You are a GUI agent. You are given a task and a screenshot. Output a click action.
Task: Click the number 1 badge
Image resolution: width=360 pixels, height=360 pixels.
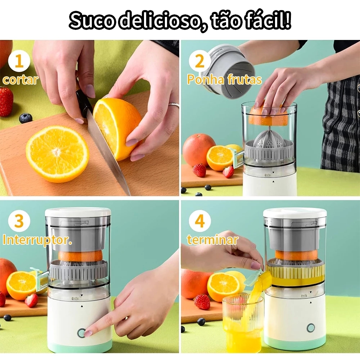tap(19, 62)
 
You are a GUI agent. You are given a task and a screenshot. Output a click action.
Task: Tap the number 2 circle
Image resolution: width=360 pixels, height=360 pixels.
tap(199, 62)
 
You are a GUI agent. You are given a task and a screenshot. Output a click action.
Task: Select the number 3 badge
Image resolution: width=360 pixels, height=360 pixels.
tap(19, 221)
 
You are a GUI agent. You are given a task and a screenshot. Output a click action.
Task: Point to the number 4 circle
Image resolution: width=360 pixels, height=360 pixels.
tap(199, 221)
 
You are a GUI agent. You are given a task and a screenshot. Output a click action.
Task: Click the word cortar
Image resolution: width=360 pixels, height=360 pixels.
tap(20, 80)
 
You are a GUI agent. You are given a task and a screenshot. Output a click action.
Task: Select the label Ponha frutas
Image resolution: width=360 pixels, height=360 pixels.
tap(224, 80)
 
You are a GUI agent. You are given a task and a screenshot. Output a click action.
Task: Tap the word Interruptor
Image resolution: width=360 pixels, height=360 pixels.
tap(37, 240)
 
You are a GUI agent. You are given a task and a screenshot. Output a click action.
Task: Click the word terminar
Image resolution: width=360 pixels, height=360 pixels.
tap(212, 240)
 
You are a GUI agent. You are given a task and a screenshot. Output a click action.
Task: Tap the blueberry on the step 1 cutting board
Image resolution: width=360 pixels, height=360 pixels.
tap(26, 118)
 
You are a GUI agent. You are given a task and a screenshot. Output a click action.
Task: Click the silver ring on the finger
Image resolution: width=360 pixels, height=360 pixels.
tap(174, 105)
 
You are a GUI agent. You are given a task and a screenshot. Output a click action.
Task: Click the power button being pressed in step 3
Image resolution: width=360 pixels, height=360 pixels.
tap(81, 333)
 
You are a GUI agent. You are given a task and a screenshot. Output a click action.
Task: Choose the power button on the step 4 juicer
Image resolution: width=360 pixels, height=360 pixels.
tap(310, 328)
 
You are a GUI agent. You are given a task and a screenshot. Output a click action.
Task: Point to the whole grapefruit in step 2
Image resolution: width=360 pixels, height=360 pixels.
tap(199, 149)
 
